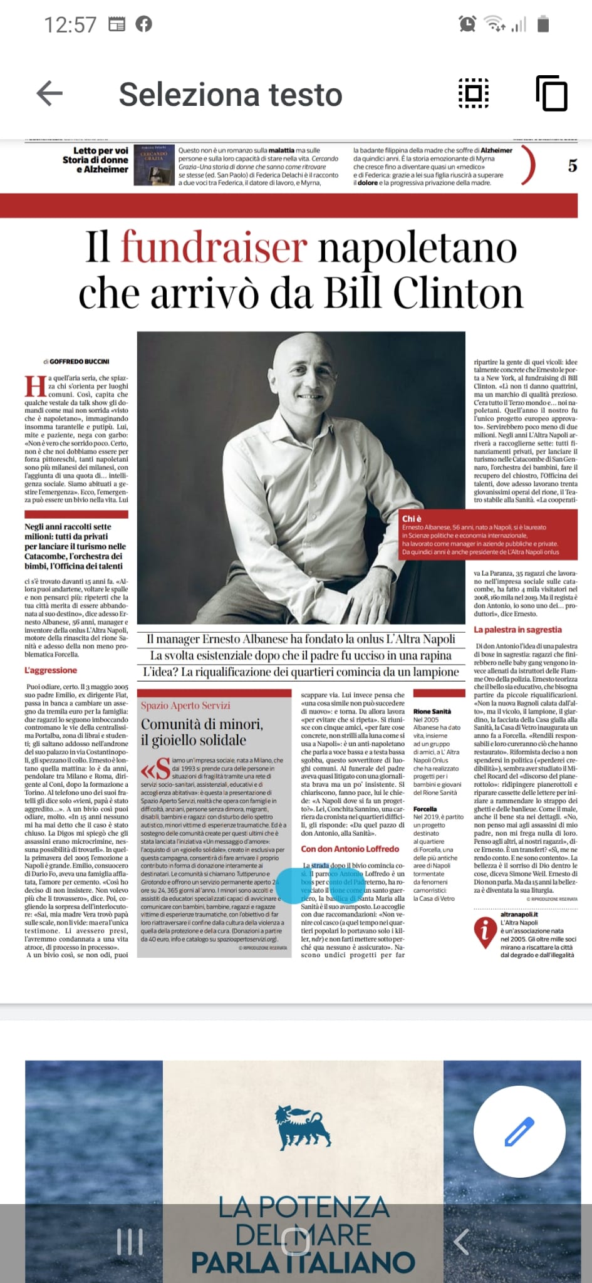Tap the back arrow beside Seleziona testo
50,94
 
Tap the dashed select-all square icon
474,94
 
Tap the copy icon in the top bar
551,94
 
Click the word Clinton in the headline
458,293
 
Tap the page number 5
572,166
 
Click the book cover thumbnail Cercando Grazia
153,165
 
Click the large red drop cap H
35,387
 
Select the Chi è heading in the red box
412,519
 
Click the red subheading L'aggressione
51,670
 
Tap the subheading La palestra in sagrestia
517,630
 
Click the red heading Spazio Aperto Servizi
185,705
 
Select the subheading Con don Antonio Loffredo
350,849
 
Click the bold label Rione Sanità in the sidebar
432,711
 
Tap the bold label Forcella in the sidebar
425,809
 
